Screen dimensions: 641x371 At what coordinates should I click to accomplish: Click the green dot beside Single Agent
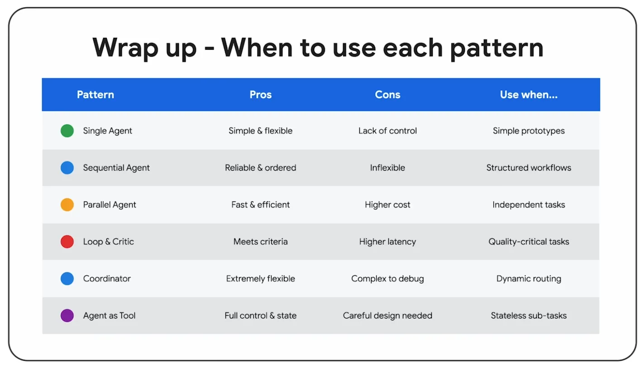point(67,131)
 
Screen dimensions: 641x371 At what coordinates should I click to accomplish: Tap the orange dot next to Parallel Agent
point(67,205)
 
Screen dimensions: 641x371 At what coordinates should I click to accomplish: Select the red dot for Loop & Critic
point(67,242)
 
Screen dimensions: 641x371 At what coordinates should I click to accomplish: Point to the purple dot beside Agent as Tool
point(67,315)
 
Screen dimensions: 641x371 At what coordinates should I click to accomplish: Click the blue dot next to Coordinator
point(67,278)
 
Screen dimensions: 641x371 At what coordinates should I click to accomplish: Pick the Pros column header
point(260,95)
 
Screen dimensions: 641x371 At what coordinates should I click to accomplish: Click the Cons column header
point(387,95)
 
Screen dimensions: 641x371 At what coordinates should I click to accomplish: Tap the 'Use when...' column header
point(529,95)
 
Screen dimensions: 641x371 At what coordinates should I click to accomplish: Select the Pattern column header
point(96,95)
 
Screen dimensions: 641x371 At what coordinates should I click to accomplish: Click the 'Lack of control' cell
point(387,131)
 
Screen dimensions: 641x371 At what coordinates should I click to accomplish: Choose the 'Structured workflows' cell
point(529,167)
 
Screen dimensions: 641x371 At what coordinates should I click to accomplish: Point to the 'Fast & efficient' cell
point(260,205)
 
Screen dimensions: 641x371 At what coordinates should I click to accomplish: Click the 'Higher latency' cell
point(387,242)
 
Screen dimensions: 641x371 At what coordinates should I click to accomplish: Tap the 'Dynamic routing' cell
point(529,279)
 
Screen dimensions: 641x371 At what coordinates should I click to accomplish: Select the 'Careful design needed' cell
point(387,315)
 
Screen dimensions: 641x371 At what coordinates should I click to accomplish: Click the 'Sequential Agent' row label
point(116,168)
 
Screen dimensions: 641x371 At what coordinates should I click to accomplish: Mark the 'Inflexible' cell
point(387,167)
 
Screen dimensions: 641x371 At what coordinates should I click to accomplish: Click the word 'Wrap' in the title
point(125,48)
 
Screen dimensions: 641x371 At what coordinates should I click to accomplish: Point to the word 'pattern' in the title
point(497,48)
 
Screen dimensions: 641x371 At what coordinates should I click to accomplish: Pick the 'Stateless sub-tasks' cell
point(529,315)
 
